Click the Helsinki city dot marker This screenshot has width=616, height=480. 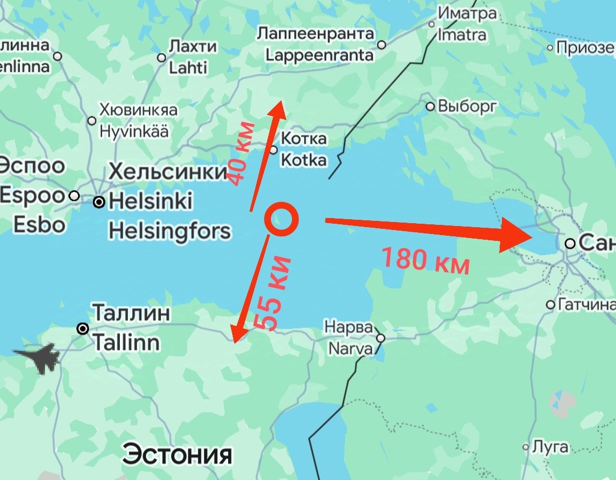(99, 202)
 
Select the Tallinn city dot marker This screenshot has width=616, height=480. (83, 329)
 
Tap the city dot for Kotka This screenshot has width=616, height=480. (273, 150)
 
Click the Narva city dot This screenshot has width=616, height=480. (380, 338)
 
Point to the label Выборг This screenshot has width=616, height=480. (467, 106)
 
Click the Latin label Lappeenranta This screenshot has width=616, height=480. (319, 55)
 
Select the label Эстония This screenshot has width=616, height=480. (178, 454)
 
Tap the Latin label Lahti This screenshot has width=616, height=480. (188, 67)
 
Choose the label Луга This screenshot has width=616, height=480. (550, 447)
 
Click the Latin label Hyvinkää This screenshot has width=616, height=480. (134, 131)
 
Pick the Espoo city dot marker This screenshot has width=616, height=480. (74, 196)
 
